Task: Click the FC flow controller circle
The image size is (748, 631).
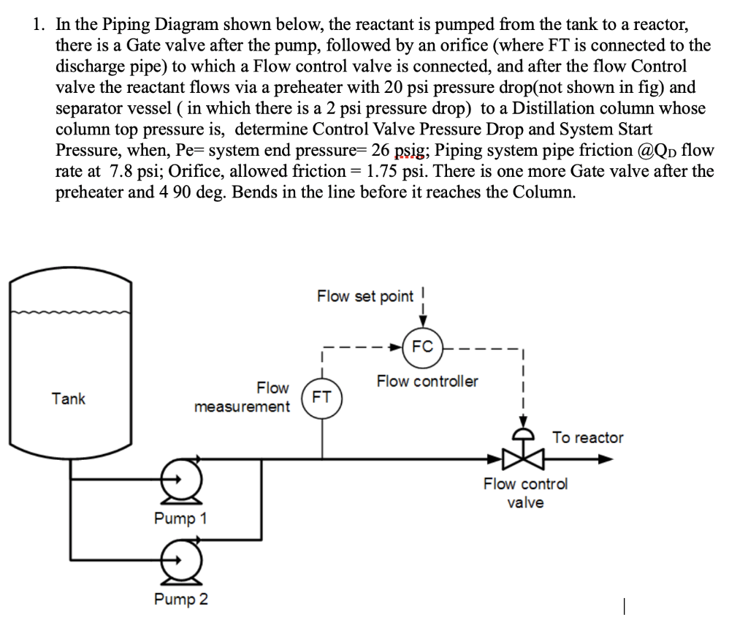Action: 422,346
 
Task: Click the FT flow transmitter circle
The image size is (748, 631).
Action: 322,398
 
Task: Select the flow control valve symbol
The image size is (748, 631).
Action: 523,458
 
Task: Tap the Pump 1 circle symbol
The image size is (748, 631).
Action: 177,480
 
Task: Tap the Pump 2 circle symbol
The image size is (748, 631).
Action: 177,560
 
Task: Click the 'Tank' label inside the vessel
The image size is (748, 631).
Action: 69,398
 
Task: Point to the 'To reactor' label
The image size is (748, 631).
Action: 587,438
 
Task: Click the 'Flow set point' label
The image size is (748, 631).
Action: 365,296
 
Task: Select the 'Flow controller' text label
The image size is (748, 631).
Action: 427,381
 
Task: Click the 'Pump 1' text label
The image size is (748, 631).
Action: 180,518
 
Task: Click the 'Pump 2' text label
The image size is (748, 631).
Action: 180,600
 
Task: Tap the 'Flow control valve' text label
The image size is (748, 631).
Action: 525,493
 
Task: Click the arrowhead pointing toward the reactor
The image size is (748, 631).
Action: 605,459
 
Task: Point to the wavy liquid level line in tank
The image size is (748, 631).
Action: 71,313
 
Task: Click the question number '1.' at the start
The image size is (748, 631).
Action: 39,25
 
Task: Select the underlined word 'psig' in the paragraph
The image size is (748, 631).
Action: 410,151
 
